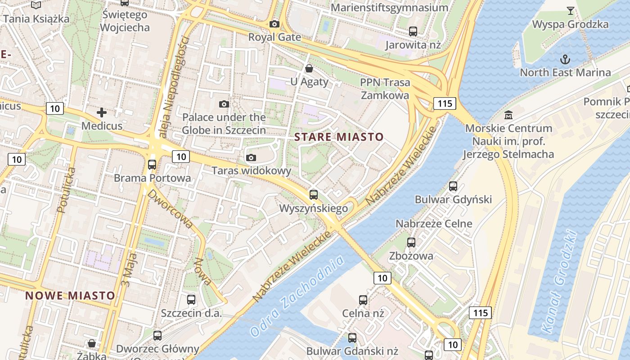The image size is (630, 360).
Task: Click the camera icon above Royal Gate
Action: coord(274,24)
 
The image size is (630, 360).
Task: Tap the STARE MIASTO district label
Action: coord(339,137)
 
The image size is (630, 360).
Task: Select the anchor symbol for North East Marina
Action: coord(565,59)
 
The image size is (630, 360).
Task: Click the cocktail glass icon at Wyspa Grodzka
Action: coord(571,11)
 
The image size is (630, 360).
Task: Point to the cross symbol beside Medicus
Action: coord(102,112)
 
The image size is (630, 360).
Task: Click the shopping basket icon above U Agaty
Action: coord(309,69)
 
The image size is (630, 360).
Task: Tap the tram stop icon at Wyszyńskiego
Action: coord(314,195)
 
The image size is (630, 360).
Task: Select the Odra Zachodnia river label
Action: coord(297,296)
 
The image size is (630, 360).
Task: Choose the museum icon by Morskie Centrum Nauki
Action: coord(508,115)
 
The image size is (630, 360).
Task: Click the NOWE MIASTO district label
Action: coord(70,296)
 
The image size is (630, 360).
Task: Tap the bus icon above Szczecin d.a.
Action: coord(191,300)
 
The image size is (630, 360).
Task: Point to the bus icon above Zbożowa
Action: coord(411,243)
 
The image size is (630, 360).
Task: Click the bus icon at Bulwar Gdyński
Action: coord(453,186)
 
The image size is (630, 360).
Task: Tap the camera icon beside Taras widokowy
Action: coord(251,157)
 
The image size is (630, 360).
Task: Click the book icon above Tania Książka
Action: coord(36,5)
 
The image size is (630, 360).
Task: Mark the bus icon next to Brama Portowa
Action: coord(152,165)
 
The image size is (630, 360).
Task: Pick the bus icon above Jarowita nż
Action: coord(413,31)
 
